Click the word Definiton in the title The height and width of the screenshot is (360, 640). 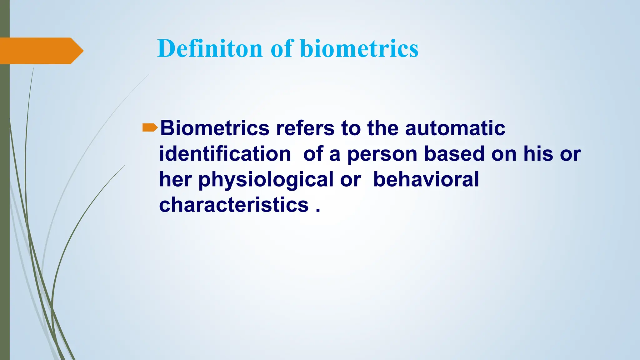tap(210, 48)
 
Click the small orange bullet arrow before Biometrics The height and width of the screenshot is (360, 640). tap(150, 127)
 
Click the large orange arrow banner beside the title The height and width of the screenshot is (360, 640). tap(41, 51)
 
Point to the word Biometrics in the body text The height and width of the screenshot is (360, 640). tap(215, 128)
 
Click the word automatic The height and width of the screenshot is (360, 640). tap(455, 128)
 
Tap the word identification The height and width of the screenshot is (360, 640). tap(225, 154)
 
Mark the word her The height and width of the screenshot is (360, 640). tap(175, 180)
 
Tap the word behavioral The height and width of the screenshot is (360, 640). tap(426, 179)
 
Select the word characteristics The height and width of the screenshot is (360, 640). tap(234, 205)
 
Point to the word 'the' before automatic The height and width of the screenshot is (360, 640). tap(382, 128)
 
